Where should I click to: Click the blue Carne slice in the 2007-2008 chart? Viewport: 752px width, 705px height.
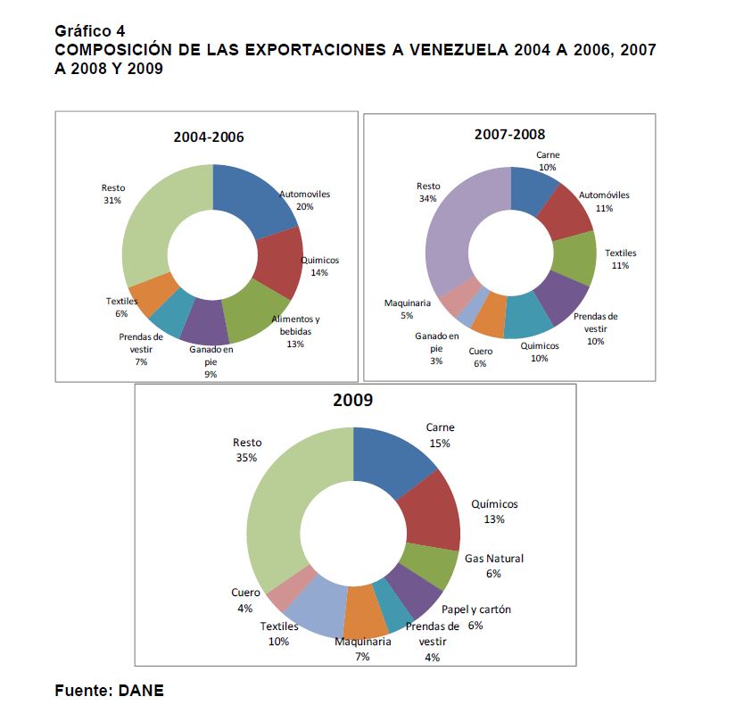click(x=533, y=189)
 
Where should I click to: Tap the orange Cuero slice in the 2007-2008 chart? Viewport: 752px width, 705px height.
click(x=490, y=316)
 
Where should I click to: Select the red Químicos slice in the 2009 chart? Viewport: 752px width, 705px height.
click(x=432, y=512)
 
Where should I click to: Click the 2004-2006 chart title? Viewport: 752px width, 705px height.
click(x=209, y=137)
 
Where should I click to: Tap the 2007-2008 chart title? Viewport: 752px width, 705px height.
click(x=510, y=134)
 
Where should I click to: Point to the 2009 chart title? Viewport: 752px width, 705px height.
click(x=352, y=400)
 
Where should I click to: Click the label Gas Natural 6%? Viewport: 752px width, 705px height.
click(x=494, y=566)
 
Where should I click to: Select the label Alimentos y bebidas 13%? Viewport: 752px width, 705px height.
click(x=295, y=331)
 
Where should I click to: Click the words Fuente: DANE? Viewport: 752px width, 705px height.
click(x=109, y=690)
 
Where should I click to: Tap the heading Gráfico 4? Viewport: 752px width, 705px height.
click(x=89, y=31)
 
